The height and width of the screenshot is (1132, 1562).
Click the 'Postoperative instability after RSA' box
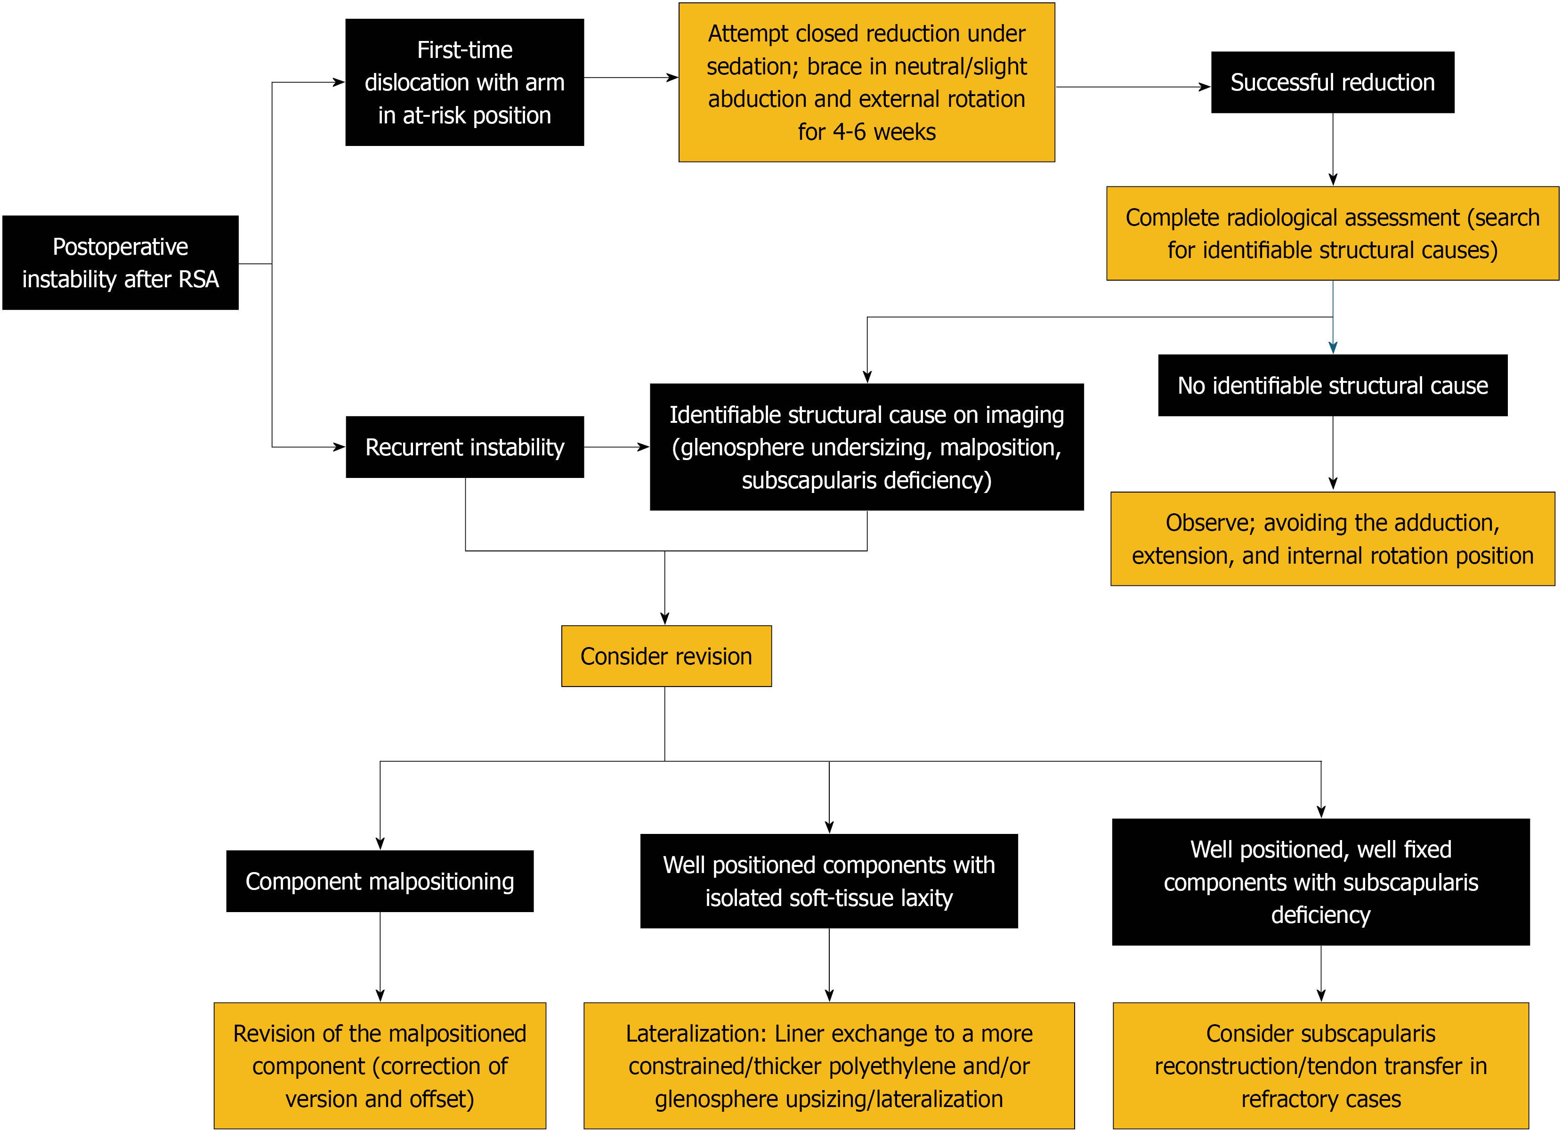tap(121, 262)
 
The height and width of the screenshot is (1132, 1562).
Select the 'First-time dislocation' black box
tap(465, 82)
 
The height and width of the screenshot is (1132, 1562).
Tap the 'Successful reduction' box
tap(1333, 82)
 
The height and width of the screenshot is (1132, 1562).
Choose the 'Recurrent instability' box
tap(465, 447)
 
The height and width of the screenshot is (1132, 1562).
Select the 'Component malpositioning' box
tap(380, 881)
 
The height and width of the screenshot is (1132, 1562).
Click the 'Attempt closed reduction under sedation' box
tap(867, 82)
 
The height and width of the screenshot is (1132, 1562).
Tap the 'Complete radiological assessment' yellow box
tap(1333, 234)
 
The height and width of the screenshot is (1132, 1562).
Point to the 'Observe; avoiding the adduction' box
tap(1333, 539)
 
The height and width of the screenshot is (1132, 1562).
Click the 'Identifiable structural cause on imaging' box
tap(867, 447)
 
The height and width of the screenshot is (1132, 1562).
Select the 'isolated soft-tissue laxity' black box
tap(829, 881)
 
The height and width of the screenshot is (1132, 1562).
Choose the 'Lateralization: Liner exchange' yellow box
tap(829, 1066)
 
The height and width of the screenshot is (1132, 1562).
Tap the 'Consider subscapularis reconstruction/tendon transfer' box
tap(1321, 1066)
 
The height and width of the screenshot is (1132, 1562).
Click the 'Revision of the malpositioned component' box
tap(380, 1066)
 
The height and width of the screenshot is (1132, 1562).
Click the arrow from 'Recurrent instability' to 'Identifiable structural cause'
tap(617, 447)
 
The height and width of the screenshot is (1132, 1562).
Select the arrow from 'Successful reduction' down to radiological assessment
tap(1333, 149)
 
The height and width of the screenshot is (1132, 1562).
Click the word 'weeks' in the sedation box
tap(905, 131)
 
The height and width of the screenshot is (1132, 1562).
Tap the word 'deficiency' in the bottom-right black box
tap(1321, 915)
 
